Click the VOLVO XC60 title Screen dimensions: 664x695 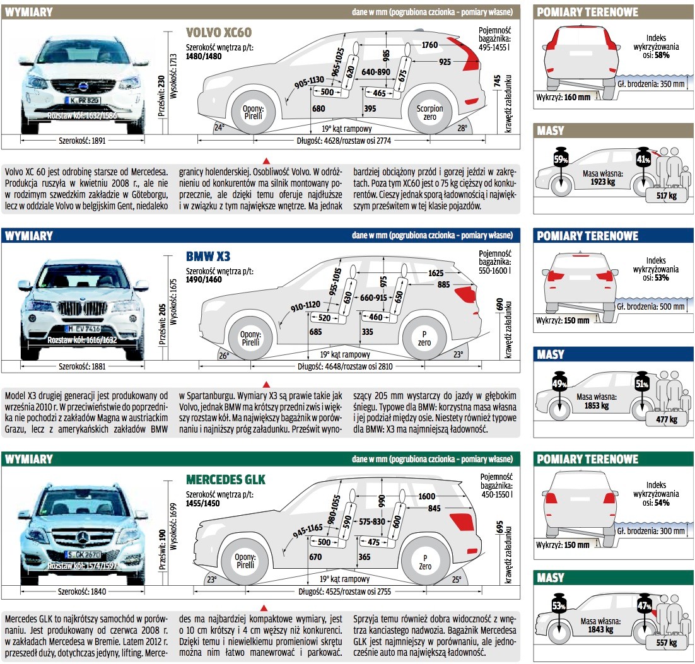[x=223, y=33]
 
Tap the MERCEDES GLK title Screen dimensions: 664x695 [x=226, y=480]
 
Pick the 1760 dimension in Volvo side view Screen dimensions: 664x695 [x=429, y=45]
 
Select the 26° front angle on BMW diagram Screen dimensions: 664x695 [x=223, y=355]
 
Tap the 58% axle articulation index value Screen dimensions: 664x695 [x=661, y=55]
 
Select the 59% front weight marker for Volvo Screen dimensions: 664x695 [x=560, y=160]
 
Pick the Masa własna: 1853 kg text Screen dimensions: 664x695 [x=595, y=402]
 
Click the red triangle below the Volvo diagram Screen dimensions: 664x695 [x=266, y=160]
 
